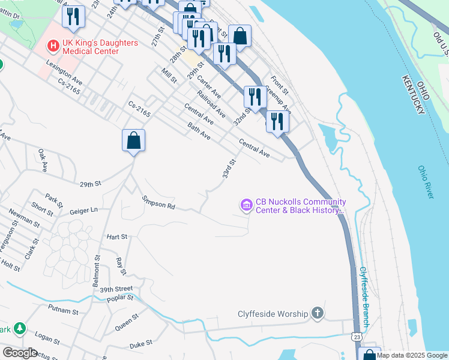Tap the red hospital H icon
tap(53, 44)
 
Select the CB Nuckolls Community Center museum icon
tap(246, 206)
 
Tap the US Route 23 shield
tap(357, 338)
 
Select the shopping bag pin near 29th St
tap(134, 142)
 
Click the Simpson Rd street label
tap(158, 203)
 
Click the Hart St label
tap(116, 237)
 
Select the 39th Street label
tap(116, 289)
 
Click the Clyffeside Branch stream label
tap(364, 298)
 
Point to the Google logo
tap(20, 352)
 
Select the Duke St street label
tap(142, 346)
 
